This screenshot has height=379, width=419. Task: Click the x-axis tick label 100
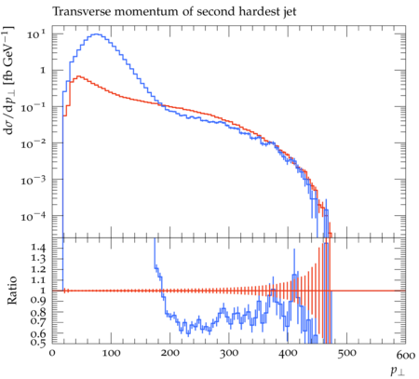(111, 354)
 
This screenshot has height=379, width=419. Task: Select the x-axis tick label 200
(170, 354)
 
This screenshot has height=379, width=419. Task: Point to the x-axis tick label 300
(229, 354)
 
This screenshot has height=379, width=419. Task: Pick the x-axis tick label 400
(288, 354)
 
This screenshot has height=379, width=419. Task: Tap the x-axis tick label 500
(347, 354)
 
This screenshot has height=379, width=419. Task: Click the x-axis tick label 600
(406, 354)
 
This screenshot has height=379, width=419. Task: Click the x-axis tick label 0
(52, 354)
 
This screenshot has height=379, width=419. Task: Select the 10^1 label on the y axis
(36, 34)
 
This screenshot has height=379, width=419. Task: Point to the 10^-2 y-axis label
(33, 144)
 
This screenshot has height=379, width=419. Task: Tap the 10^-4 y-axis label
(33, 217)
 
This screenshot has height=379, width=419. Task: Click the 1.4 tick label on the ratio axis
(38, 248)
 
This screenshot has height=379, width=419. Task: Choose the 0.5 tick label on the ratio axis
(38, 343)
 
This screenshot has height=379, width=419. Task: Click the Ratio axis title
(11, 290)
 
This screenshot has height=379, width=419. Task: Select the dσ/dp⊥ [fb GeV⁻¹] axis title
(8, 80)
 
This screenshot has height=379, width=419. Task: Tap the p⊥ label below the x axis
(399, 371)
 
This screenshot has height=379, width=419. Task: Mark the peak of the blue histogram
(96, 34)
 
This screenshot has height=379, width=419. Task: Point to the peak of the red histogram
(79, 75)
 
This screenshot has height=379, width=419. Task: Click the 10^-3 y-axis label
(33, 181)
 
